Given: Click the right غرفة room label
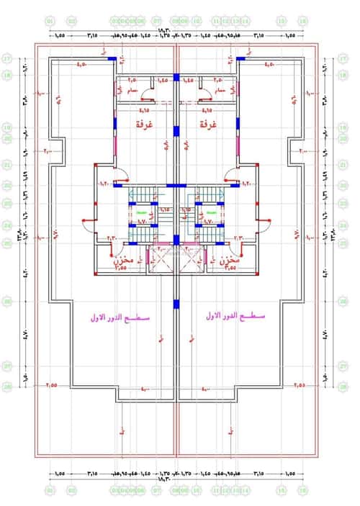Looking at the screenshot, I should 209,125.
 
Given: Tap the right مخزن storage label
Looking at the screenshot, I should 230,260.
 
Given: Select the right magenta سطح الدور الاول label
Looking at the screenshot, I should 235,317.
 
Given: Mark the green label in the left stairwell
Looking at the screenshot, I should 142,213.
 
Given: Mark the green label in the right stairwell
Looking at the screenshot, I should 212,213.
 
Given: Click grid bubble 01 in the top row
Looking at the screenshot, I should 50,22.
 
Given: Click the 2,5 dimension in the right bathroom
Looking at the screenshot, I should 217,79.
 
